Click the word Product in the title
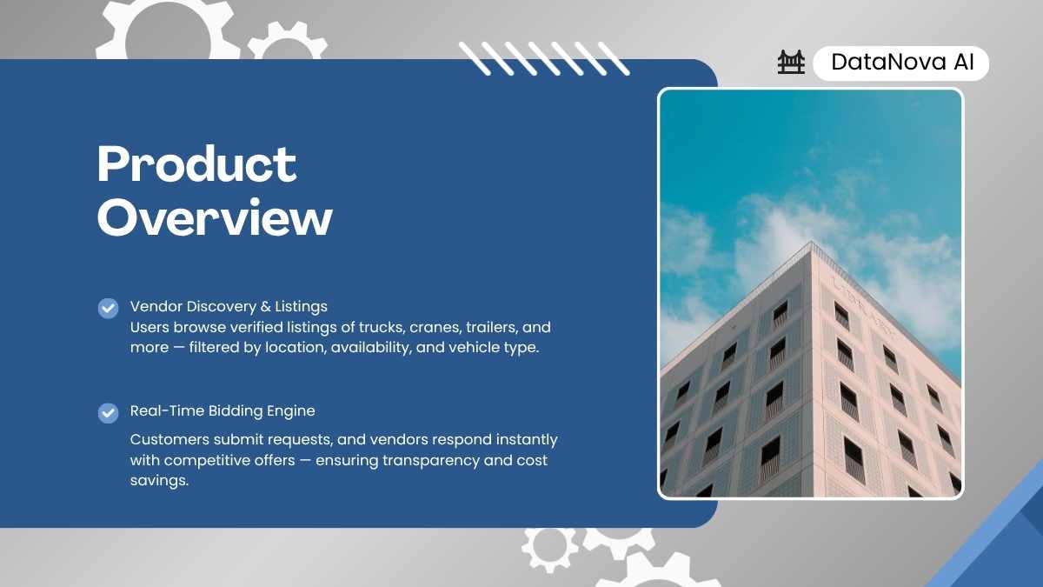click(x=196, y=164)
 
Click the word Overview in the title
click(x=215, y=217)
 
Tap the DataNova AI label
click(x=902, y=63)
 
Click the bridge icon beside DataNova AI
click(x=791, y=62)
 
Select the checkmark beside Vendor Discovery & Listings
click(x=108, y=309)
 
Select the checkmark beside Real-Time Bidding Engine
click(x=108, y=413)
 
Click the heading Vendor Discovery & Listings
click(x=229, y=306)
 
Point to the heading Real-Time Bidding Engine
click(x=223, y=411)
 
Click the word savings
click(x=159, y=481)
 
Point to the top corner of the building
click(x=811, y=242)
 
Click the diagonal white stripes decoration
click(x=544, y=58)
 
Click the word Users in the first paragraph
click(x=149, y=328)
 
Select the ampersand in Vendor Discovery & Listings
click(x=265, y=307)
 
